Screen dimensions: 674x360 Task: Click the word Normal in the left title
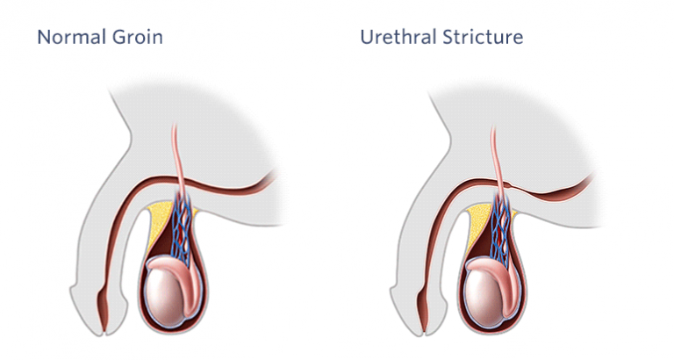[72, 37]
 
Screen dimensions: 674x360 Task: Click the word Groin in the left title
[138, 37]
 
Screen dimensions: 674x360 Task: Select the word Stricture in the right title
[483, 37]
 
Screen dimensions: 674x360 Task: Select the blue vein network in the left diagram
[183, 228]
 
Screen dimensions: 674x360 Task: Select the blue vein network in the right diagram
[502, 228]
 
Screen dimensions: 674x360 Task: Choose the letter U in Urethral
[367, 37]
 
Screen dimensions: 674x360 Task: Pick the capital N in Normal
[44, 37]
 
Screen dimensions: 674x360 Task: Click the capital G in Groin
[119, 37]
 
